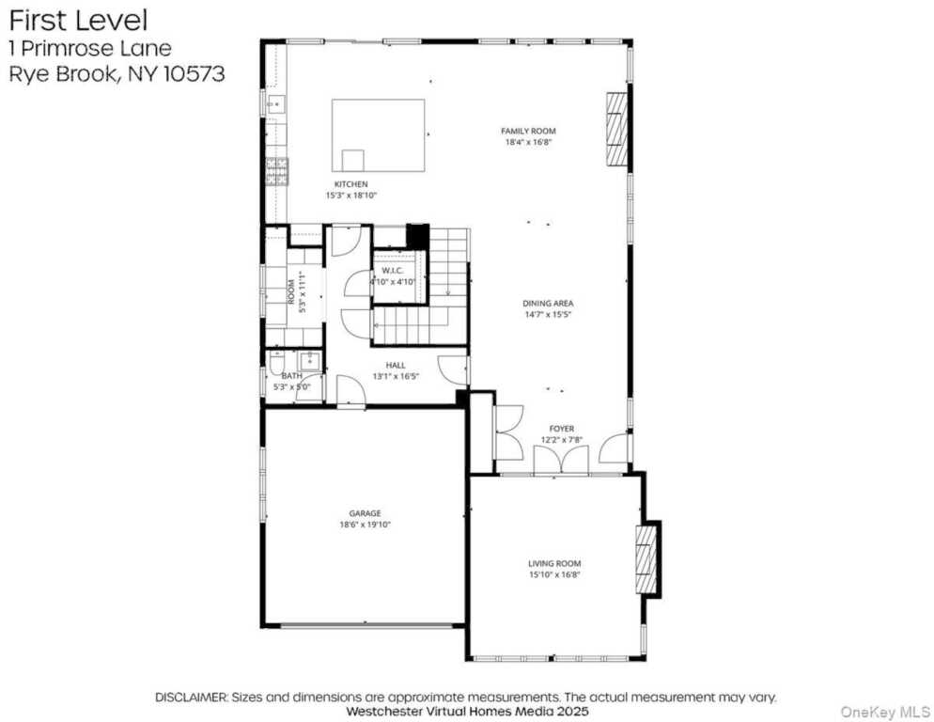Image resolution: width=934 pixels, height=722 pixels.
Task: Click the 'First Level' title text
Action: click(78, 19)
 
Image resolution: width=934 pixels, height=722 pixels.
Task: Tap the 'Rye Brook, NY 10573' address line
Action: click(117, 75)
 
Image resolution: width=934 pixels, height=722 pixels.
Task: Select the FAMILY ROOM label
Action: click(527, 131)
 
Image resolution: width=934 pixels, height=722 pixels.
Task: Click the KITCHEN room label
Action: click(351, 184)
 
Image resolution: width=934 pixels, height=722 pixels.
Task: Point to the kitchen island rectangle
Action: click(378, 134)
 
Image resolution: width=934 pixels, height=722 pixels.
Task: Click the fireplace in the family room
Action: click(615, 130)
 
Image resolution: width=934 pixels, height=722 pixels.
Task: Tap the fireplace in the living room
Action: click(646, 559)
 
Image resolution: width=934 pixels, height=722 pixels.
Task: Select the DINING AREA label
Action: click(548, 304)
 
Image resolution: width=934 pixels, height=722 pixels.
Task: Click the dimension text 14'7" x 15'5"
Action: click(548, 315)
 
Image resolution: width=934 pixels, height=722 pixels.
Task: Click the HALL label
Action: click(396, 365)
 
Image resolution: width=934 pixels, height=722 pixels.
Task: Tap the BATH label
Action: click(291, 376)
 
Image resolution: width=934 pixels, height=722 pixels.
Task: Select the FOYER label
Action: click(562, 429)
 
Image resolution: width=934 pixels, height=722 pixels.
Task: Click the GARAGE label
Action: click(365, 513)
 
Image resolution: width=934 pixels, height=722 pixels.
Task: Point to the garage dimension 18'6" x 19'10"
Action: click(365, 525)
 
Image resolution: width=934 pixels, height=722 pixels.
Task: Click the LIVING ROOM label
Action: click(554, 563)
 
